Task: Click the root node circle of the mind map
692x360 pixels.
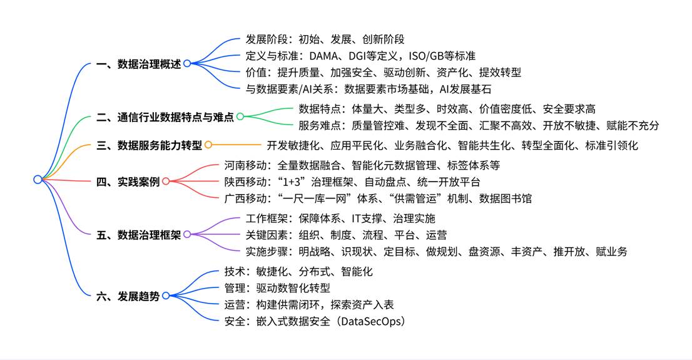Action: (x=38, y=180)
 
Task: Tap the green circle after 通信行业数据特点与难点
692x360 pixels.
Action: (x=240, y=116)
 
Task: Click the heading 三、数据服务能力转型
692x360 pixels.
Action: (x=150, y=145)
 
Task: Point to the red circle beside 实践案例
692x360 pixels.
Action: (x=166, y=182)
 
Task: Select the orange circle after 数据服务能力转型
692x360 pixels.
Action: (x=208, y=145)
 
